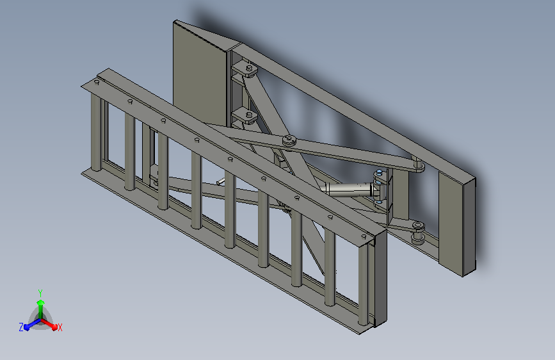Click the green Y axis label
(40, 293)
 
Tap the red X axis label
(60, 327)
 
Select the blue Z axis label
(21, 327)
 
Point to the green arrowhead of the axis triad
(41, 302)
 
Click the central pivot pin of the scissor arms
(290, 141)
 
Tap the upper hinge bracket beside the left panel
(246, 69)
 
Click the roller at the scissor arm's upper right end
(419, 165)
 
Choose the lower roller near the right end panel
(418, 233)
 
